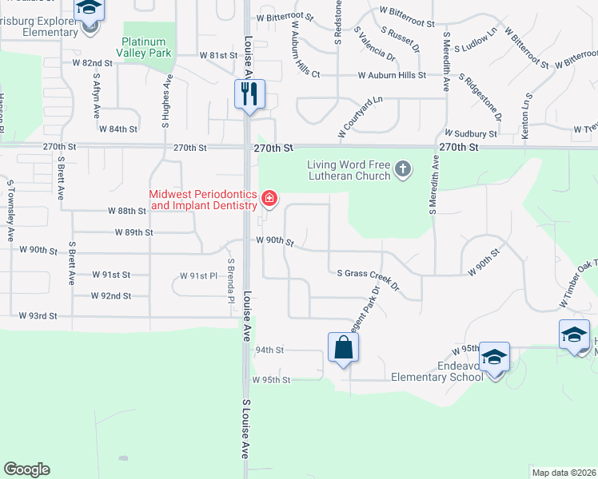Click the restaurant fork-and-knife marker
click(249, 94)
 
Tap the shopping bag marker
click(343, 347)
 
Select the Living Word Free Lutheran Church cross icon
click(403, 169)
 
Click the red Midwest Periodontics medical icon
click(269, 198)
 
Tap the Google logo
click(26, 469)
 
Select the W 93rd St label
click(38, 316)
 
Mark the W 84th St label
click(118, 129)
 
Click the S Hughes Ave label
click(167, 101)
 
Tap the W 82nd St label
click(92, 62)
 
